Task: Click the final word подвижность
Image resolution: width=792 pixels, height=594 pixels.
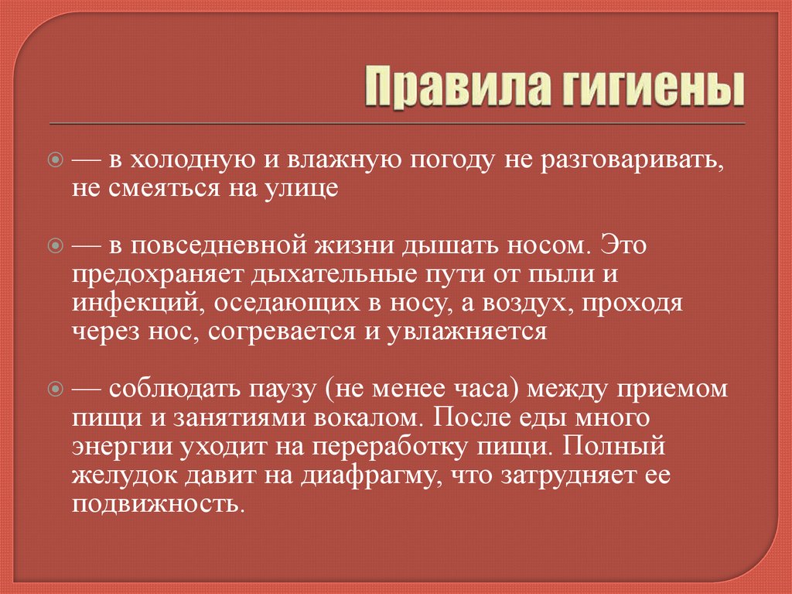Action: [x=159, y=504]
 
